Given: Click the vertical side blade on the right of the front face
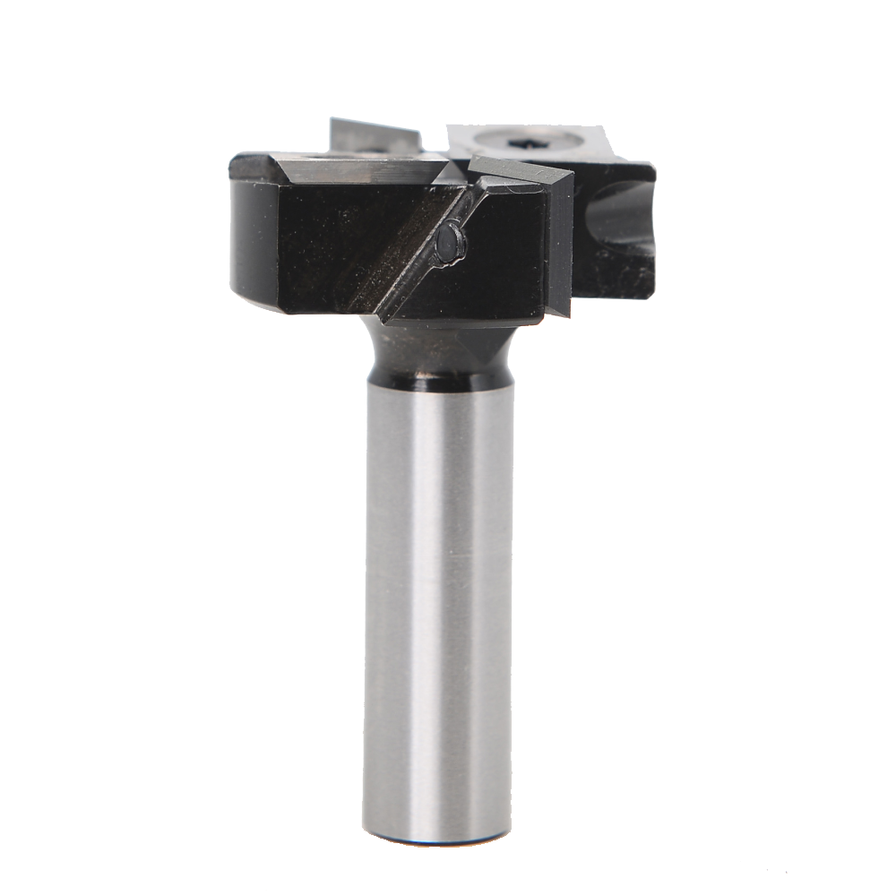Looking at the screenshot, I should click(x=558, y=242).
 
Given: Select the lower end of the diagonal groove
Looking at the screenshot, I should click(x=385, y=314).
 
